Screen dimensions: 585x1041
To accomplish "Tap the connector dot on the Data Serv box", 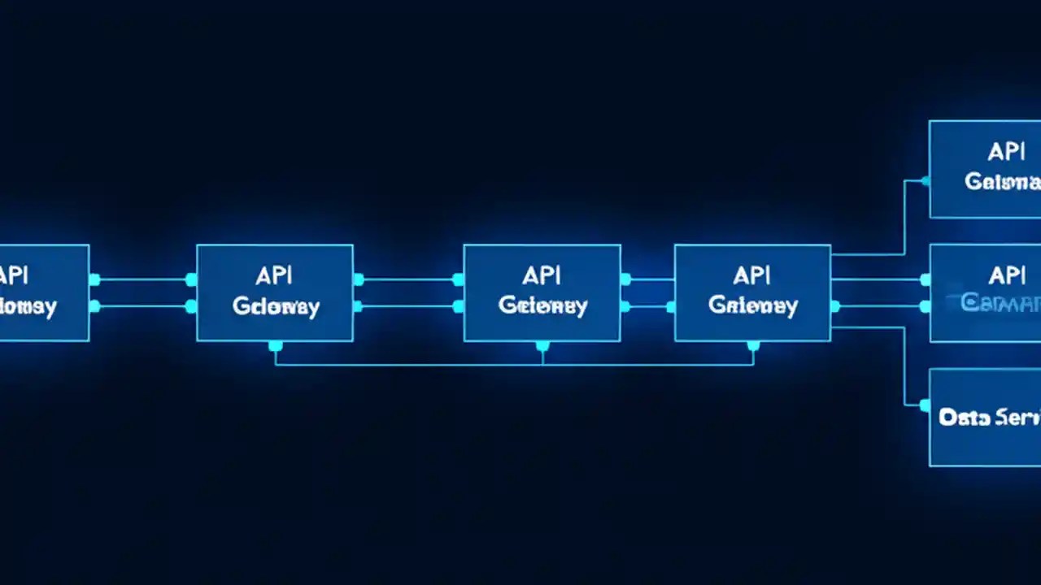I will pyautogui.click(x=926, y=404).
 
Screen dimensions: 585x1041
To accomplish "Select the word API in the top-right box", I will pyautogui.click(x=1006, y=152).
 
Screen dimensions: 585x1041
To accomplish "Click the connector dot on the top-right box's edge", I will pyautogui.click(x=926, y=181).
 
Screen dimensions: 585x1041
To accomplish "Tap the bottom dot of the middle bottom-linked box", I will pyautogui.click(x=542, y=347).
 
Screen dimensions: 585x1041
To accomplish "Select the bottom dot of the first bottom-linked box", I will pyautogui.click(x=275, y=347).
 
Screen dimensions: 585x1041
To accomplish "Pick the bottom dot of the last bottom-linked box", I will pyautogui.click(x=753, y=347).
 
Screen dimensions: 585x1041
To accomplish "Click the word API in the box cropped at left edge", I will pyautogui.click(x=15, y=275).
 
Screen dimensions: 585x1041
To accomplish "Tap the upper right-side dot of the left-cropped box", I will pyautogui.click(x=94, y=279).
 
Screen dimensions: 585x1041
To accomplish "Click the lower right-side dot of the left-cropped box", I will pyautogui.click(x=94, y=306).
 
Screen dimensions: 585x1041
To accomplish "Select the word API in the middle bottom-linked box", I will pyautogui.click(x=542, y=276).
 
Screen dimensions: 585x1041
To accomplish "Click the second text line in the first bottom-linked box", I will pyautogui.click(x=276, y=306).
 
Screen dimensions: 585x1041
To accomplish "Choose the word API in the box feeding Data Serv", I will pyautogui.click(x=752, y=276).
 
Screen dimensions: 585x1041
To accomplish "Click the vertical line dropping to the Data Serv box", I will pyautogui.click(x=904, y=366).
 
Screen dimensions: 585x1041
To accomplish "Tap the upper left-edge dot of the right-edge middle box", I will pyautogui.click(x=926, y=279).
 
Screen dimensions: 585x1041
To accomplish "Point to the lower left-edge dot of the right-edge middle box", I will pyautogui.click(x=926, y=306).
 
